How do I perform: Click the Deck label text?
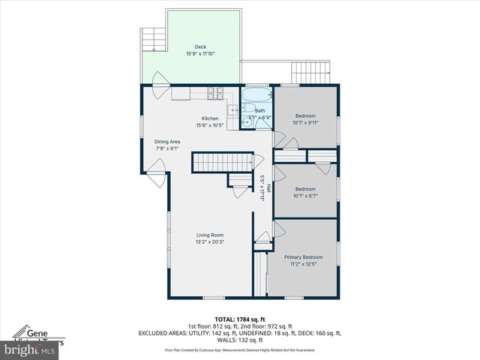click(200, 47)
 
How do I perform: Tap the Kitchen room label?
click(210, 118)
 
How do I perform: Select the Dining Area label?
click(167, 142)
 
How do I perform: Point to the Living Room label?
click(210, 235)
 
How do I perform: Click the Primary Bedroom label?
click(303, 256)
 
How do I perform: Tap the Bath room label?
click(259, 111)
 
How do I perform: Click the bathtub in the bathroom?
click(256, 95)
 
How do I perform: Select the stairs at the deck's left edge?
click(152, 39)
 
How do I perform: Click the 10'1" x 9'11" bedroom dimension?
click(305, 123)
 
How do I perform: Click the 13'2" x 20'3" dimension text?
click(210, 242)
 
